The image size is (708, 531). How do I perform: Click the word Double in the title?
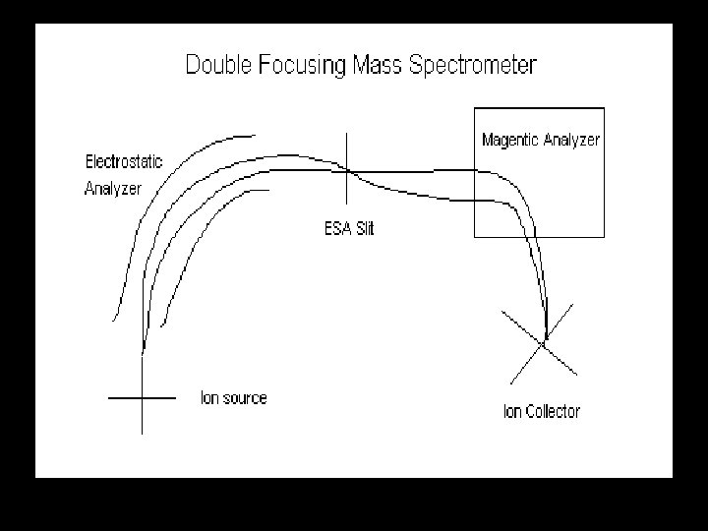(219, 67)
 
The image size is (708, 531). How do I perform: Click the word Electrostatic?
(124, 161)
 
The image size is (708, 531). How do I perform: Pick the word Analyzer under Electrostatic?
(113, 188)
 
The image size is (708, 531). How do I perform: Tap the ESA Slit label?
(349, 229)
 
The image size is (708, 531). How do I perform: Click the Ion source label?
(233, 398)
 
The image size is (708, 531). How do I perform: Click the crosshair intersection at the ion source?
(144, 398)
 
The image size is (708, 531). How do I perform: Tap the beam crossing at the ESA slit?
(347, 172)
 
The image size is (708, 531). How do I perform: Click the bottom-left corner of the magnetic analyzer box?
(475, 236)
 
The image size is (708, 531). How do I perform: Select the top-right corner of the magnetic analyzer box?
(604, 107)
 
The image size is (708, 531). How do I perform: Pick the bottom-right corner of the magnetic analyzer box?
(604, 236)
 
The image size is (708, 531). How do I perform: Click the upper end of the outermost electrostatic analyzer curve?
(256, 135)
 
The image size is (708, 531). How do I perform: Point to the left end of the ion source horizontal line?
(109, 398)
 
